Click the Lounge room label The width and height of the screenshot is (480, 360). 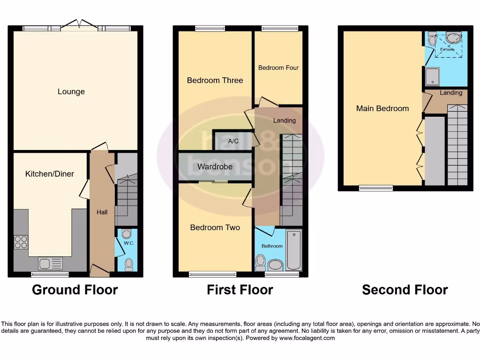71,92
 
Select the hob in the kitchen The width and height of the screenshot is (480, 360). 21,242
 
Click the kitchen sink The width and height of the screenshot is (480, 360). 50,264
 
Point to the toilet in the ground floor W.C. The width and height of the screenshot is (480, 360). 128,265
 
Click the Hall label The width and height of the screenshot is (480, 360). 102,212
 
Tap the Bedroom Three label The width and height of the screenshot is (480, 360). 215,80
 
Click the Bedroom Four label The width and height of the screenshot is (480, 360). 278,68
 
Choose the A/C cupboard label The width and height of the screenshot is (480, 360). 233,141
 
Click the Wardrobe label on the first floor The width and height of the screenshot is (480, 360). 215,167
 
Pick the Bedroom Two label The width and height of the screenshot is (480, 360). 215,228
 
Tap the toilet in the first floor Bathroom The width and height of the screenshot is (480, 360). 260,262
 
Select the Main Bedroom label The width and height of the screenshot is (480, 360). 382,108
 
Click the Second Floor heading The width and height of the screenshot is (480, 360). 405,290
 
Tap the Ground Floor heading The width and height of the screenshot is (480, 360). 75,290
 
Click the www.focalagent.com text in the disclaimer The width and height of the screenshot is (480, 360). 307,338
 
